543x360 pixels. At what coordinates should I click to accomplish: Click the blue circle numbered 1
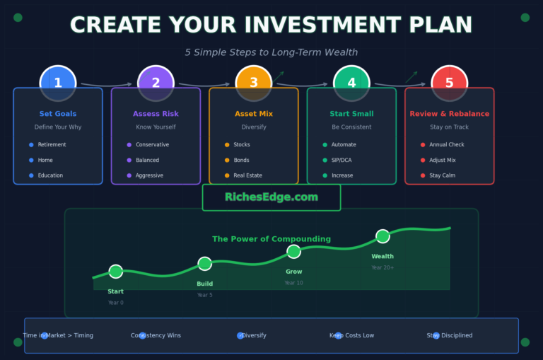pos(58,83)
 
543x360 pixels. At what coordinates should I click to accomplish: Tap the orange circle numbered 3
pos(254,83)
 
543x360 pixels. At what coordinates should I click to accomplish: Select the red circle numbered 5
pos(449,83)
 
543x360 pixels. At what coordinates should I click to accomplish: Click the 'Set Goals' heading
pos(58,114)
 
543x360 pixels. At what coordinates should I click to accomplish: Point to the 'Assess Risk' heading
pos(156,114)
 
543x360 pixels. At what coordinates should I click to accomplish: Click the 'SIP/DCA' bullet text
pos(341,160)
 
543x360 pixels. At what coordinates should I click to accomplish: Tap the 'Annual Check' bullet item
pos(447,145)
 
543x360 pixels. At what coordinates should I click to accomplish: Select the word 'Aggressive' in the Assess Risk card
pos(149,175)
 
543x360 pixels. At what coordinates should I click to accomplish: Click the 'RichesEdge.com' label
pos(271,197)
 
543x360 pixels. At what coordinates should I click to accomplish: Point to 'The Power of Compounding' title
pos(271,239)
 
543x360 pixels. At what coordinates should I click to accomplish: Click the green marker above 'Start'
pos(116,272)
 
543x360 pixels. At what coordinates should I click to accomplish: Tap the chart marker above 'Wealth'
pos(383,236)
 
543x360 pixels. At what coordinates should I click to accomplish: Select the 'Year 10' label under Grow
pos(294,283)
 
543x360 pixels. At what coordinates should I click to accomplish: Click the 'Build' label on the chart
pos(204,284)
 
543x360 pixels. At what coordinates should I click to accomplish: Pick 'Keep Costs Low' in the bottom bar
pos(352,336)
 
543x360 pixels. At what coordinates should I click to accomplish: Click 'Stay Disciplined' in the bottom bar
pos(450,336)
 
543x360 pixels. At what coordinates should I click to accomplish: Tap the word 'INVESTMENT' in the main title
pos(271,25)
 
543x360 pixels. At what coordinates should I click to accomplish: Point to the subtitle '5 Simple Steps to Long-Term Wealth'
pos(271,52)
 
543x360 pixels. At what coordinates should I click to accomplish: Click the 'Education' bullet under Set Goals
pos(50,175)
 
